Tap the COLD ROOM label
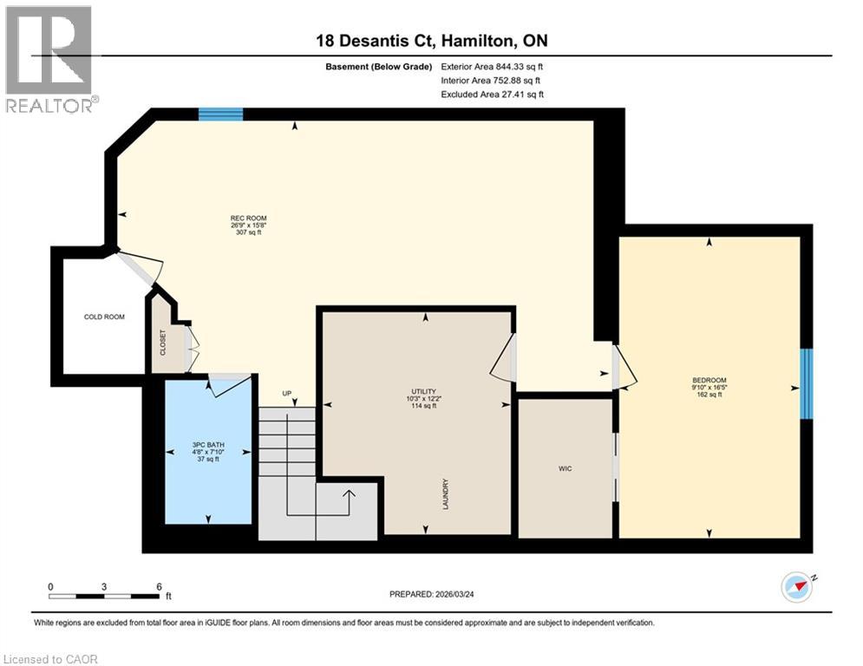(104, 317)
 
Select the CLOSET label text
(162, 343)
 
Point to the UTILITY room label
(424, 392)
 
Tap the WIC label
(566, 468)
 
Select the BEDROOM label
(709, 380)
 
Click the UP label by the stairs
(287, 394)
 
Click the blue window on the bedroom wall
(806, 383)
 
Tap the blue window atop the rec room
(220, 114)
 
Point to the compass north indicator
(797, 587)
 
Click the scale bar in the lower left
(104, 595)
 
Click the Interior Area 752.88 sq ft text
(492, 81)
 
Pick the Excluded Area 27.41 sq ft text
(492, 95)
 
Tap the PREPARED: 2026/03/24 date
(431, 594)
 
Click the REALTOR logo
(49, 59)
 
